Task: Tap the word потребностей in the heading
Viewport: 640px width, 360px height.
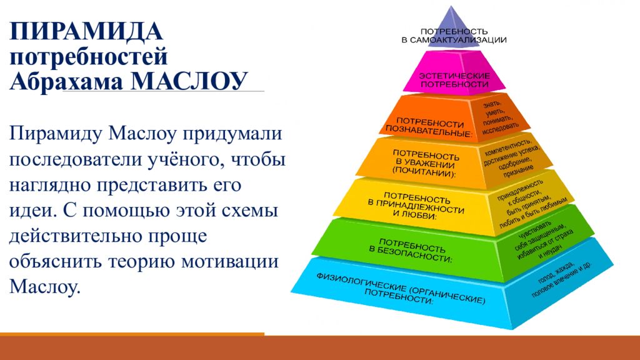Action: tap(89, 56)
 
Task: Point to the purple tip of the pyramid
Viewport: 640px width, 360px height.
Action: tap(451, 16)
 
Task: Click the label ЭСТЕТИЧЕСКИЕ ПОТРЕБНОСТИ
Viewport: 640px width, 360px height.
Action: tap(454, 80)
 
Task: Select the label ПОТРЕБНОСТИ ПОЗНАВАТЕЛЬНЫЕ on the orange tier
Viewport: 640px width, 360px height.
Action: tap(429, 127)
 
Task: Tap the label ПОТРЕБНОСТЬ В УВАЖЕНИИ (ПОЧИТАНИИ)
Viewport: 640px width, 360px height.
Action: tap(425, 163)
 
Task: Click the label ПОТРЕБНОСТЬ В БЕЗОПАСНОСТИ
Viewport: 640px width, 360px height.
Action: tap(411, 250)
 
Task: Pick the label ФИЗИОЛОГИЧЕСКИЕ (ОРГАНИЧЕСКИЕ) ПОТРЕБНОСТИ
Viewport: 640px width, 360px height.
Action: tap(401, 288)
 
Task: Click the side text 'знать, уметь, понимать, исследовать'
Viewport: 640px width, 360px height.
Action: tap(499, 117)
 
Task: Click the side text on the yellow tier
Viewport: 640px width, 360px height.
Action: tap(531, 204)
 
